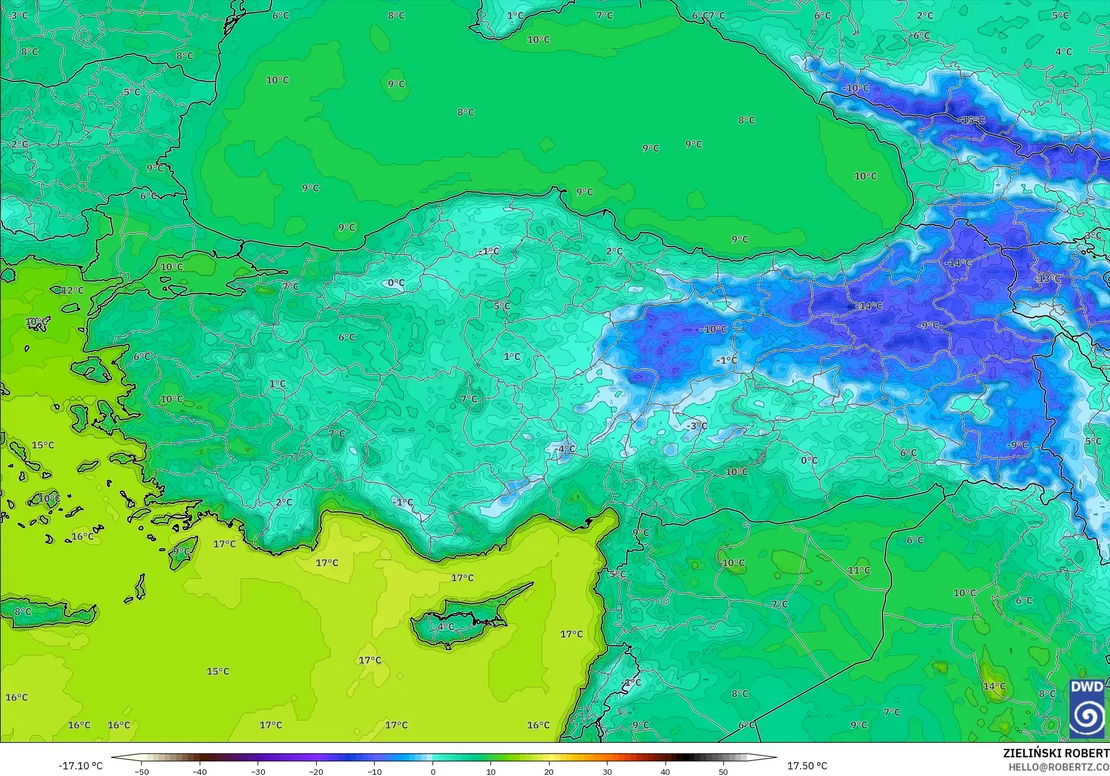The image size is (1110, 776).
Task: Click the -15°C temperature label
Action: (971, 121)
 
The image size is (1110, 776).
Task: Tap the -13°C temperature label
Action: (1047, 279)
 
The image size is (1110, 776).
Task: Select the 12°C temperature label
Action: (73, 291)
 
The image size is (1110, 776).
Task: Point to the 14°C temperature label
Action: (994, 686)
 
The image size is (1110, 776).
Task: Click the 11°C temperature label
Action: (859, 570)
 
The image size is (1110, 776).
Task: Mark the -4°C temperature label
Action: (565, 449)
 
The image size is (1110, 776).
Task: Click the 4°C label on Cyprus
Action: (446, 627)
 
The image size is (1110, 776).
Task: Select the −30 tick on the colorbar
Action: (258, 771)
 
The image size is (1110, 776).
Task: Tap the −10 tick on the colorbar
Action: (375, 771)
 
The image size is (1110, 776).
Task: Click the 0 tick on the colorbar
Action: (433, 771)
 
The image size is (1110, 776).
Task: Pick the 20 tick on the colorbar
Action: (548, 771)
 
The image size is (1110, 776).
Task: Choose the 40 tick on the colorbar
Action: (665, 771)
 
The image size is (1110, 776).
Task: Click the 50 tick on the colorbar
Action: (723, 771)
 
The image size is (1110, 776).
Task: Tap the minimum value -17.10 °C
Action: (81, 766)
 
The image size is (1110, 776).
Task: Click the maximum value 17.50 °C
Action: (807, 766)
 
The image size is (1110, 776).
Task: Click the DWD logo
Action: (1087, 708)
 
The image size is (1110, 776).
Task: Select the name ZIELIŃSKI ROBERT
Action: (1056, 753)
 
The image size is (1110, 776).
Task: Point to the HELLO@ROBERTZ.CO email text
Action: (1059, 766)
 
